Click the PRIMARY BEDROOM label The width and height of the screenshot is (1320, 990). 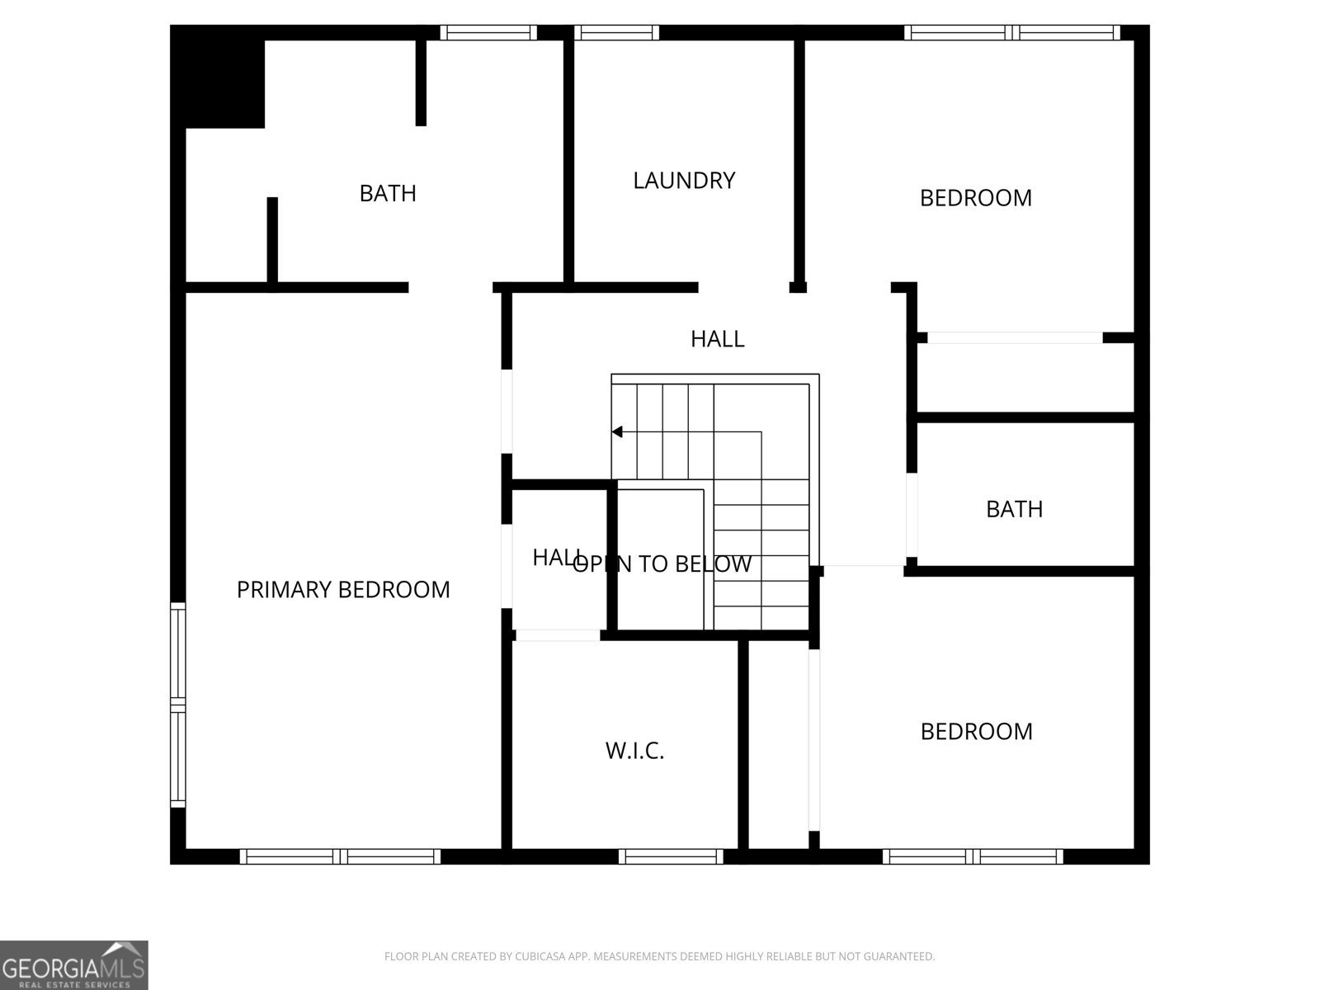[x=343, y=590]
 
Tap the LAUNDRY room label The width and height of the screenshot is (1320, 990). [x=684, y=181]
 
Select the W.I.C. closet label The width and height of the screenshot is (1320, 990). [x=634, y=751]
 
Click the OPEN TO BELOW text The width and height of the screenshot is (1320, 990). [x=662, y=564]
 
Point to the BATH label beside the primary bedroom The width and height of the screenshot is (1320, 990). [x=388, y=194]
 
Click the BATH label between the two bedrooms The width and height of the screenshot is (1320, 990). [x=1014, y=509]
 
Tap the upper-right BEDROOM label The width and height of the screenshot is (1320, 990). [x=975, y=198]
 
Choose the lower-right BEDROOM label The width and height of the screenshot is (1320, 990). [x=976, y=732]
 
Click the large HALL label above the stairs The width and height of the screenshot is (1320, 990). [x=717, y=339]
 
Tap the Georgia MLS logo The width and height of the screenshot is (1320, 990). [x=73, y=964]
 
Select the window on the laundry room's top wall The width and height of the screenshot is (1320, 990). [x=616, y=33]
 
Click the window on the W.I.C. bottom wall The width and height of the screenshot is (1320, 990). [x=671, y=857]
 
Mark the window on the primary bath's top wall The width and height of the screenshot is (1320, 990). [x=488, y=33]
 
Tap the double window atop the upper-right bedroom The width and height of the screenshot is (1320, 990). [x=1012, y=33]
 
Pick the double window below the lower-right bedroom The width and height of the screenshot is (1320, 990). [x=973, y=857]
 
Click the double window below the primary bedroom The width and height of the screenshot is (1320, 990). [x=340, y=857]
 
